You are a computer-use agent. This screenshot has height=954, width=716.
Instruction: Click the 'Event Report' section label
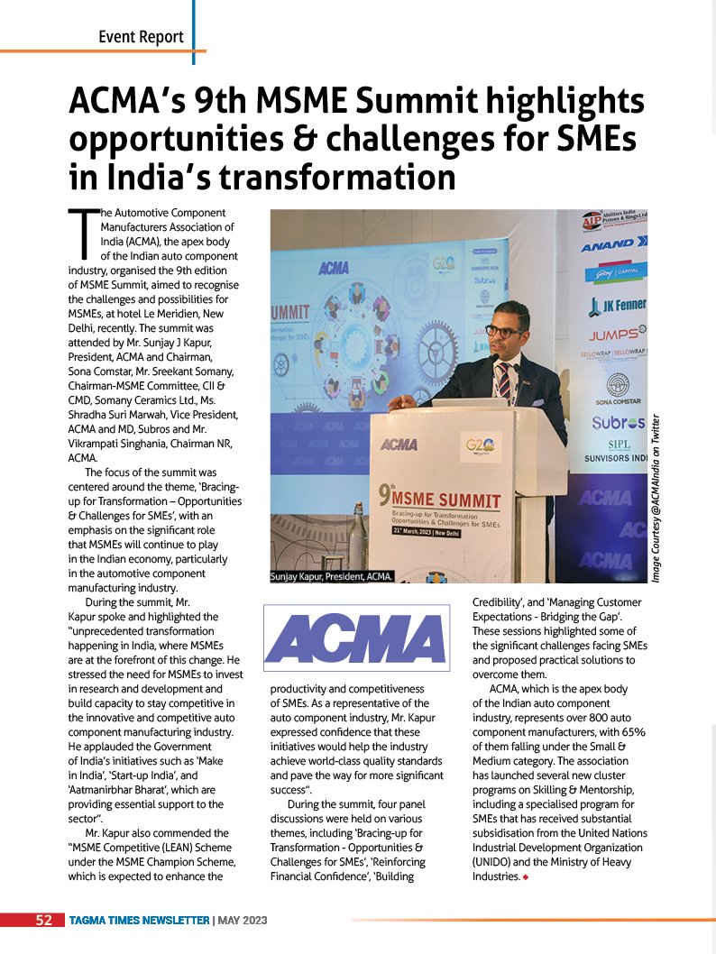142,37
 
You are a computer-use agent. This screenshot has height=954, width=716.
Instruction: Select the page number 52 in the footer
43,920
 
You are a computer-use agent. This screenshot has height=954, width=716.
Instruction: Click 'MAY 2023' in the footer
242,920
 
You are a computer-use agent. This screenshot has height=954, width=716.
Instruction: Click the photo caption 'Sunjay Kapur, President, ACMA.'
332,575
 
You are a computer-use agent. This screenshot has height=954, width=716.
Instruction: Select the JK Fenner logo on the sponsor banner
618,304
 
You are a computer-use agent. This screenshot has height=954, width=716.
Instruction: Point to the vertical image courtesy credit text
657,496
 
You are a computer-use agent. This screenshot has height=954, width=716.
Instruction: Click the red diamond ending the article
524,877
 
